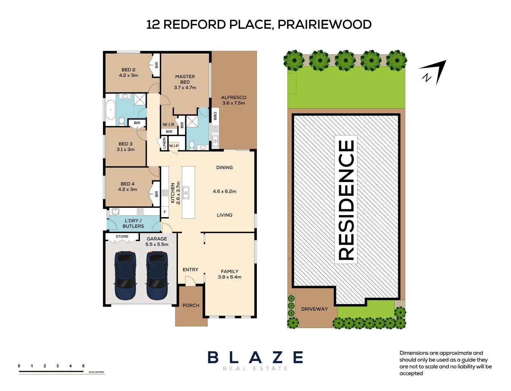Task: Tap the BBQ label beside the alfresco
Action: click(215, 116)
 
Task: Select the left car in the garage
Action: click(125, 276)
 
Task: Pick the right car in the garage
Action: click(157, 276)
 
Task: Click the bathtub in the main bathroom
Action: click(110, 110)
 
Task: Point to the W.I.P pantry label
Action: click(174, 146)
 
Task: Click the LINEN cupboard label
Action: click(164, 143)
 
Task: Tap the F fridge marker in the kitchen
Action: click(165, 212)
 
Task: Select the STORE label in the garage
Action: click(122, 236)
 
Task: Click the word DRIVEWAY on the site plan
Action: click(315, 309)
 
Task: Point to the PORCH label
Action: click(191, 305)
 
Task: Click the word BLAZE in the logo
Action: click(255, 357)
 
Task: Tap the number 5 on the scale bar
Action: click(83, 366)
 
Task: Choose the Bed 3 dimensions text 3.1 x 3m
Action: click(125, 150)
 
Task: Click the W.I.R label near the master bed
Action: click(168, 125)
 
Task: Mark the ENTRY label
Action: click(191, 270)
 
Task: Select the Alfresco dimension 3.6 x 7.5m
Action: click(234, 103)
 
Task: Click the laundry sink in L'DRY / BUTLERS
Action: click(115, 211)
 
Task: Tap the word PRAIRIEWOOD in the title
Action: click(324, 25)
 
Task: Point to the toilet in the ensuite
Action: click(191, 145)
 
